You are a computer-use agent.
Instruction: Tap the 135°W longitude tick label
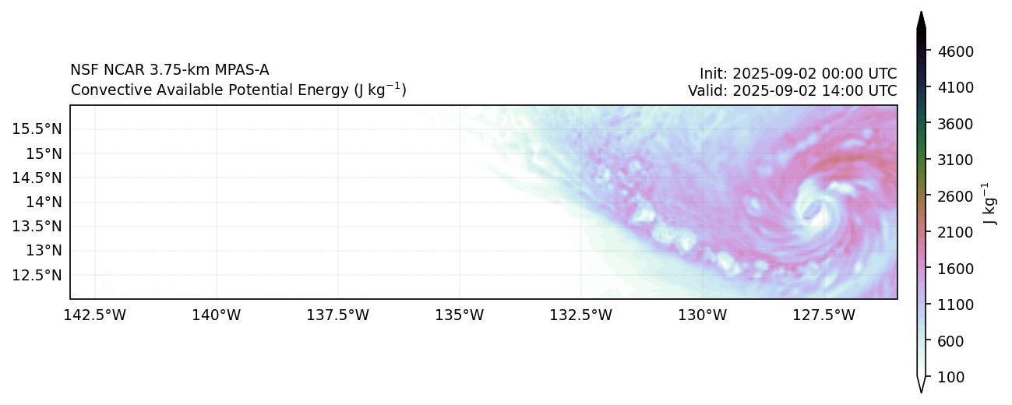click(x=460, y=315)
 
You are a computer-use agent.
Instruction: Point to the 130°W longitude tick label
click(x=703, y=315)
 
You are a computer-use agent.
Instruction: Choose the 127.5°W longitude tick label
click(x=823, y=315)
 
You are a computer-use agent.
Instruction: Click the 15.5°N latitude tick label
click(x=37, y=129)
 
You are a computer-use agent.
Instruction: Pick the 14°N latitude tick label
click(x=44, y=202)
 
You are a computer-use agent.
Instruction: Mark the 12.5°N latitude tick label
click(x=37, y=275)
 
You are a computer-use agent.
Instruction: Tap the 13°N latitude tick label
click(x=44, y=250)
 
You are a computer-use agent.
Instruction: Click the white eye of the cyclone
click(x=812, y=210)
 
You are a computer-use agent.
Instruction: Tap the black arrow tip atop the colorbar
click(x=921, y=19)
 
